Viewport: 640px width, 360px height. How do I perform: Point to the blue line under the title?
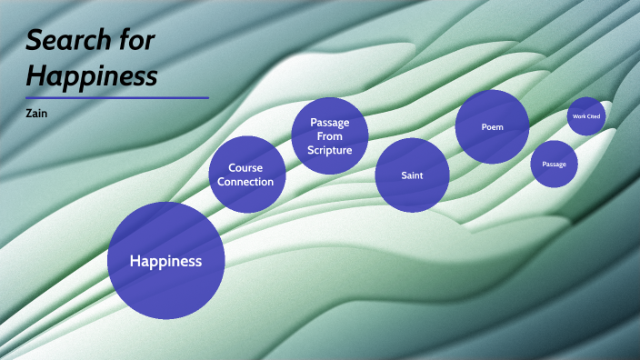[117, 97]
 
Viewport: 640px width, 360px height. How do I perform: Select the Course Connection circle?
[247, 175]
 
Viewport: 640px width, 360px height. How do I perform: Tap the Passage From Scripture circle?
[329, 136]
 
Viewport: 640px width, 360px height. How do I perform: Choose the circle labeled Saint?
[412, 175]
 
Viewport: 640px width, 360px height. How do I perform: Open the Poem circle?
[492, 127]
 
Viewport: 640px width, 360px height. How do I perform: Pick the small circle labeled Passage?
[554, 165]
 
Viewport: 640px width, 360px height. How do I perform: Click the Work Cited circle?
[585, 116]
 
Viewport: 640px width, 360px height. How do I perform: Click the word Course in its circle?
[245, 168]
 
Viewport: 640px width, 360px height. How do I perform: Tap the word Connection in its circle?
[246, 182]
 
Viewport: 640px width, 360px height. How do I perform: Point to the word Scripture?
[329, 150]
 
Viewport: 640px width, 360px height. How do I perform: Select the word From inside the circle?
[329, 136]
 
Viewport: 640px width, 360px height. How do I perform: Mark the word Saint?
[412, 175]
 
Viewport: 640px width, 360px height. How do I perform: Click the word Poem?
[492, 127]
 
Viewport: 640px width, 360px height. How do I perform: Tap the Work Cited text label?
[585, 116]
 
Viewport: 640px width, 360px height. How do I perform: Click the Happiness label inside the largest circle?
[165, 262]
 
